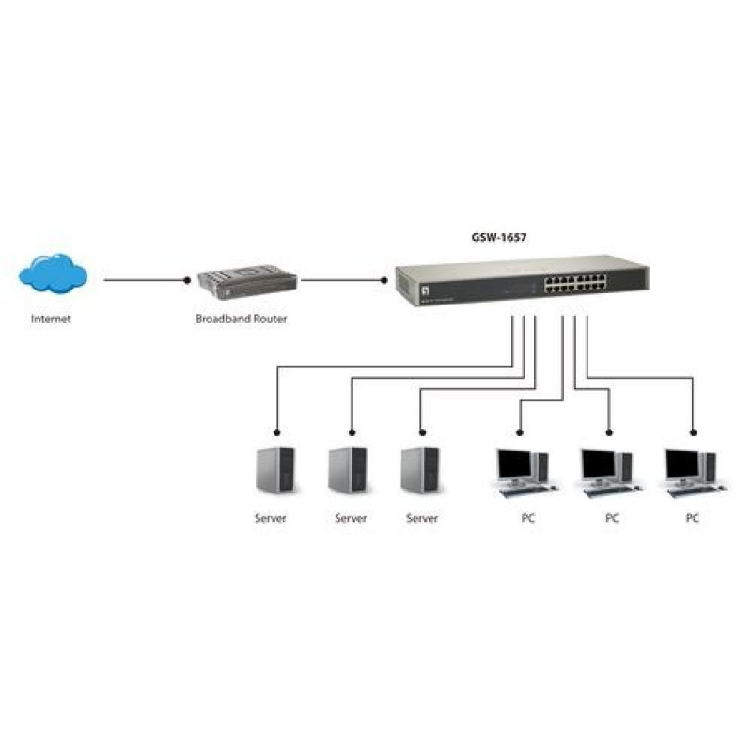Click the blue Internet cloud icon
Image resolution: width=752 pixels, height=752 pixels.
[54, 274]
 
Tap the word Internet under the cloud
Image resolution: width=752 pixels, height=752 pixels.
[51, 319]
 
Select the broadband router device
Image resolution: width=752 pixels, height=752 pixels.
[247, 281]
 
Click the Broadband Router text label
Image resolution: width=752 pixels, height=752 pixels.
[242, 319]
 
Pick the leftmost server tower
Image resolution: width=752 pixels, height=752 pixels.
[274, 470]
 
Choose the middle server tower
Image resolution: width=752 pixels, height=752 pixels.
[347, 470]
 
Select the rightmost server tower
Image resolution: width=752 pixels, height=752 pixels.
[418, 470]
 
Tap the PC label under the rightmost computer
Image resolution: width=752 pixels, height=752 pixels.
[693, 518]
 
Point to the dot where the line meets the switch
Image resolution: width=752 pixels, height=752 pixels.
[384, 280]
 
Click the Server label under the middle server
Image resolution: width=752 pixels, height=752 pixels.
[351, 518]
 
